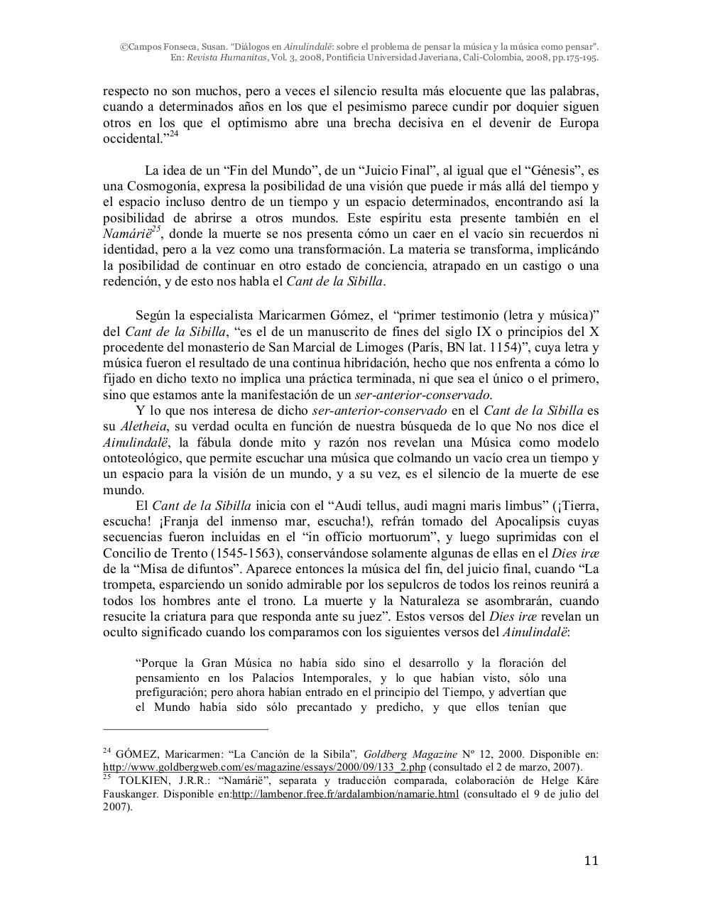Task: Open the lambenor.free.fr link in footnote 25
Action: coord(345,793)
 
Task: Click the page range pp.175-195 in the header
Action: coord(572,58)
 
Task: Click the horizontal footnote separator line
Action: coord(185,729)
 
